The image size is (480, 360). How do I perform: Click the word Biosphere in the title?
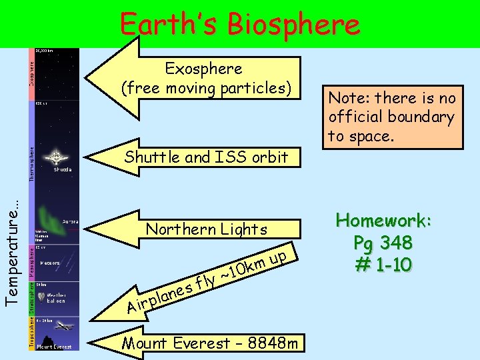(293, 25)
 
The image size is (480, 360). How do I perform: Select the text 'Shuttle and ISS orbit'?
(206, 157)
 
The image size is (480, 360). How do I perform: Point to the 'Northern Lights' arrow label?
(207, 229)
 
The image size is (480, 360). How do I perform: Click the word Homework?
(383, 221)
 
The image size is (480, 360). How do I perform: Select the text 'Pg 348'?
(383, 242)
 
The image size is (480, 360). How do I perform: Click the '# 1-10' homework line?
(383, 264)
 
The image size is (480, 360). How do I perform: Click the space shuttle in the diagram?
(56, 157)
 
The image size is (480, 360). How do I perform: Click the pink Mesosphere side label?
(31, 262)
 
